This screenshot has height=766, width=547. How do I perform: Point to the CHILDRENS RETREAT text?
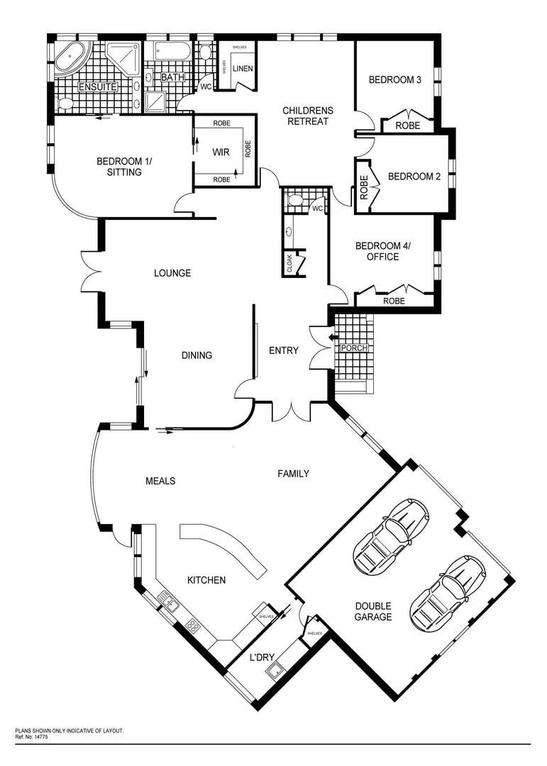click(307, 116)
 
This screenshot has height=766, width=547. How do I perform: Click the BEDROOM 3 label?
click(395, 79)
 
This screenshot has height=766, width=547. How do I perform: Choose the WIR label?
click(221, 151)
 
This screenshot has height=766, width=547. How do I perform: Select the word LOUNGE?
click(172, 273)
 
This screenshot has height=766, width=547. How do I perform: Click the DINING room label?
click(197, 355)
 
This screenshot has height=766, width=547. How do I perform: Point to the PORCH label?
click(354, 348)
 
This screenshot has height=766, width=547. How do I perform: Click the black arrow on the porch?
click(333, 337)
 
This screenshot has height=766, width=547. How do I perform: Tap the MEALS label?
click(160, 481)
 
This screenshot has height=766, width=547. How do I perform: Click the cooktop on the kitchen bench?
click(192, 625)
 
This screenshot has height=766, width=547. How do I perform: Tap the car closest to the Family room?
click(391, 534)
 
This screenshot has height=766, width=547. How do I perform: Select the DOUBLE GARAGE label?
click(374, 611)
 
